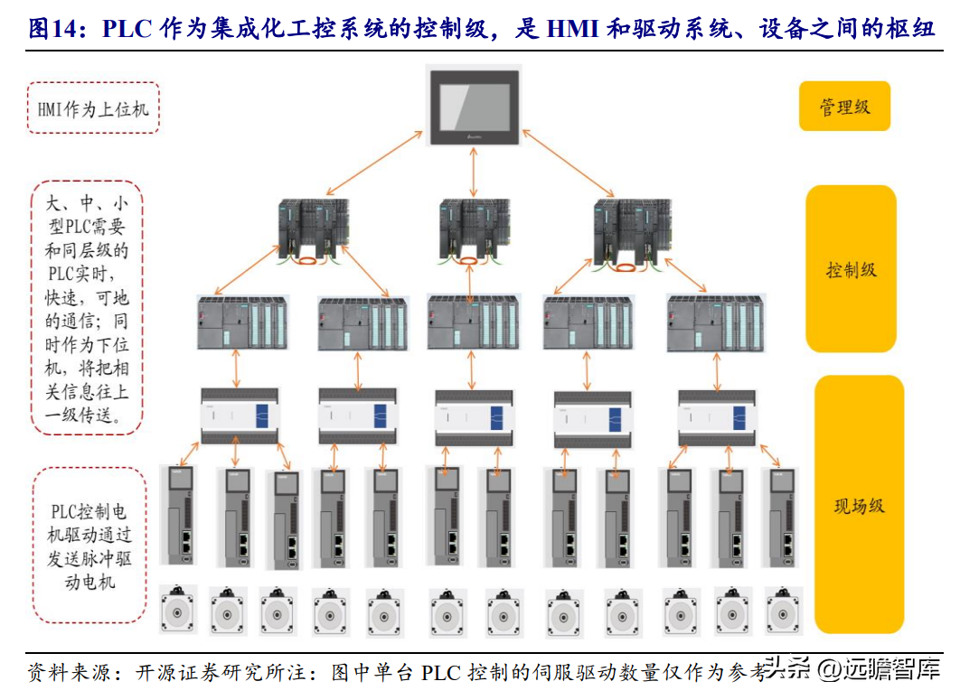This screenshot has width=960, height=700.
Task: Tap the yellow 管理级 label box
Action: [845, 107]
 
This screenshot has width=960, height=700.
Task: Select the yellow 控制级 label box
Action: [851, 269]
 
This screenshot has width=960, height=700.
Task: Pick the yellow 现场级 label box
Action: [859, 505]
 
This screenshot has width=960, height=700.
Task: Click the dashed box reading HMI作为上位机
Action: [94, 108]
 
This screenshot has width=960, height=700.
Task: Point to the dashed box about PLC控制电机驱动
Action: [89, 545]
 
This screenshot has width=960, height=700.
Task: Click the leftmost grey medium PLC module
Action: [241, 322]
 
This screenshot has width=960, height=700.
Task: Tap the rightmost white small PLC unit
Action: [717, 416]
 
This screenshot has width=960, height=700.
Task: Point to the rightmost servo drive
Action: [783, 517]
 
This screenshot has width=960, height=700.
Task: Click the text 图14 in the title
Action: [49, 29]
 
